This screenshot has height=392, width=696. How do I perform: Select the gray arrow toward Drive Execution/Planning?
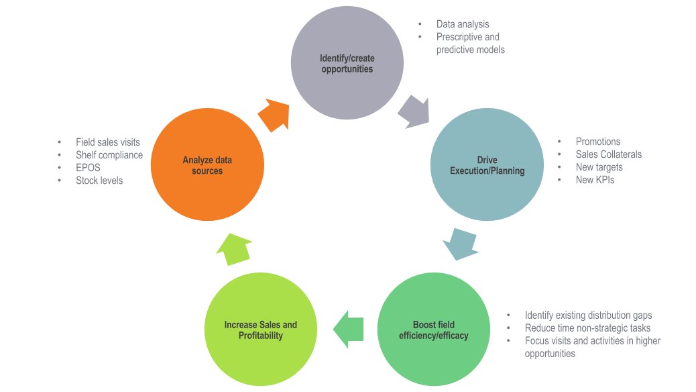tap(414, 111)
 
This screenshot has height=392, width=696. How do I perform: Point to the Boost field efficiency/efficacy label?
tap(433, 330)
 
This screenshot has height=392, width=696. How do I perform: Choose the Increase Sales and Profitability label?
tap(260, 330)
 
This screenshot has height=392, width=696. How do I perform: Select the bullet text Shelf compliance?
tap(109, 155)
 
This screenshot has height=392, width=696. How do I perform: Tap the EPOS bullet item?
tap(88, 168)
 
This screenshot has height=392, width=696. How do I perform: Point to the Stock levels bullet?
tap(99, 181)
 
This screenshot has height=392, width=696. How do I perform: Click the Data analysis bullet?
tap(462, 24)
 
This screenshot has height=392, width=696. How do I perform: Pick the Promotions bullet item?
tap(598, 142)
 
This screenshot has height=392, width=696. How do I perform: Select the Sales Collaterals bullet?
tap(608, 154)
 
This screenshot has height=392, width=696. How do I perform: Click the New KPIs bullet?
tap(595, 180)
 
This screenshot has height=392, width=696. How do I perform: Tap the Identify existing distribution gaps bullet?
tap(588, 315)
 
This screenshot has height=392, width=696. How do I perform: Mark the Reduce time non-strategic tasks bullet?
tap(587, 328)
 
